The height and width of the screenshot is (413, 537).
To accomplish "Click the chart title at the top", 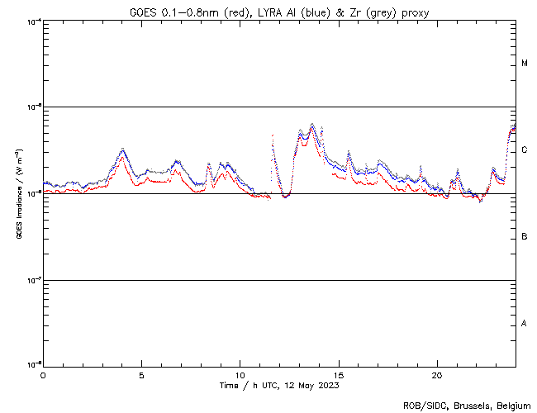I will coord(279,12).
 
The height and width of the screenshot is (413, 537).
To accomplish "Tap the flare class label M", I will coord(525,64).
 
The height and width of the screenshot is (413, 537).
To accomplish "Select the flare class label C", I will coord(525,150).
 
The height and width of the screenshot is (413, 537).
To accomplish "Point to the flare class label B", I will coord(525,237).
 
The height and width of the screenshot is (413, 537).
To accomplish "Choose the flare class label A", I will coord(525,324).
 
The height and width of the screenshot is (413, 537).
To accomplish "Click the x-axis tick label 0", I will coord(43,374).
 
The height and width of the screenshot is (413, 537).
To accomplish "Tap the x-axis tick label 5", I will coord(141,374).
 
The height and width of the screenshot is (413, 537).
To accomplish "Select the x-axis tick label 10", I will coord(240,374).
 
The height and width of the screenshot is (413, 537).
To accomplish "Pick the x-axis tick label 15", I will coord(339,374).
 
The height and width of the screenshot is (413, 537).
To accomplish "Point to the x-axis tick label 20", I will coord(437,374).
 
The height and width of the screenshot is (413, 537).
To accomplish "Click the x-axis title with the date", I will coord(279,385).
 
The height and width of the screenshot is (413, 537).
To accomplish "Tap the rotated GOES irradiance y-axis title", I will coord(18,194).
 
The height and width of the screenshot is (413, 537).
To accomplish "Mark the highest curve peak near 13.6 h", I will coord(311,124).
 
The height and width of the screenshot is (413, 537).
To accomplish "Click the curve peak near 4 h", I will coord(123,149).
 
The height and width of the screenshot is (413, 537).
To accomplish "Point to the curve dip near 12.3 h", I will coord(285,197).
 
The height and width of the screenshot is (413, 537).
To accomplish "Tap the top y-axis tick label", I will coord(33,21).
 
